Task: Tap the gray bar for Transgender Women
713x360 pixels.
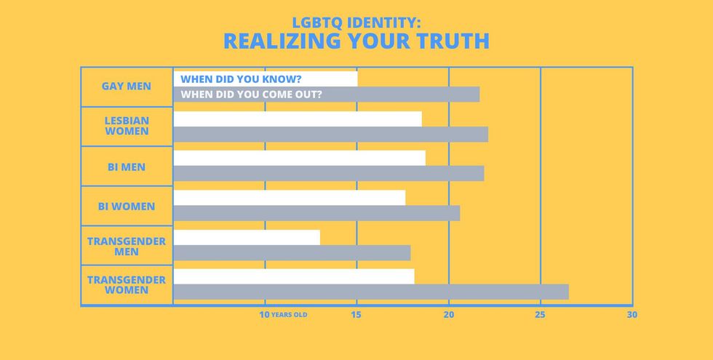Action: coord(371,292)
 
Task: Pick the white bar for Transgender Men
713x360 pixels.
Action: coord(247,237)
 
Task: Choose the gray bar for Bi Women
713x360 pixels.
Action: coord(316,213)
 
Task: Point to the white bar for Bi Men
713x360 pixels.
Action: coord(299,158)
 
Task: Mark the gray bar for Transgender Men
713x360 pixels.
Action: coord(292,252)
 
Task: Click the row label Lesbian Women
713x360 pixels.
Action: coord(127,126)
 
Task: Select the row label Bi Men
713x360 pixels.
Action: coord(127,167)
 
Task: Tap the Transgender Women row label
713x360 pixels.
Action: coord(127,284)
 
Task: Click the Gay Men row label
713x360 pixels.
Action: coord(127,86)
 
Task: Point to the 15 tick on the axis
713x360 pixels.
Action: coord(356,315)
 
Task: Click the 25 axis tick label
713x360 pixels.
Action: coord(539,315)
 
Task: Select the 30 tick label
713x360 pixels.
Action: coord(631,315)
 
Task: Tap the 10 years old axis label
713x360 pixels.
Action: coord(283,315)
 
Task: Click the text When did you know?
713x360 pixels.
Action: coord(241,79)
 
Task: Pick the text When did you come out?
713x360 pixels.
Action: coord(251,95)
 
